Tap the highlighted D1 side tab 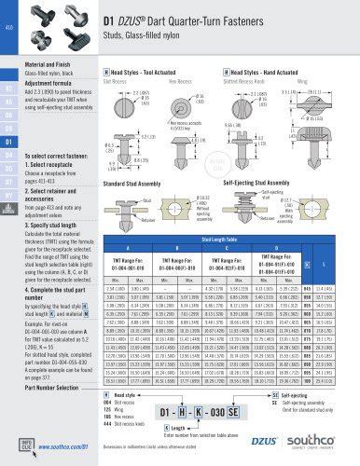tap(10, 142)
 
